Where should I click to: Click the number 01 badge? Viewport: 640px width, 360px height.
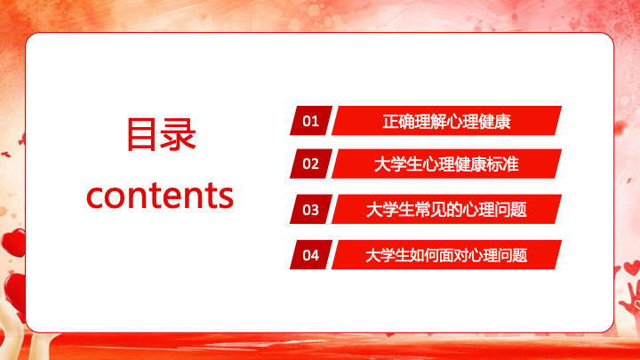coord(311,120)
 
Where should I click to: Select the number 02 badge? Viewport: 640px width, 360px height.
coord(311,164)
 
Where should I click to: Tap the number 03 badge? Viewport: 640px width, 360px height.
coord(311,210)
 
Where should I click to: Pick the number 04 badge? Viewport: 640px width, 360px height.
coord(311,255)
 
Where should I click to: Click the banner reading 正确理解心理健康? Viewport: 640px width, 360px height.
coord(446,120)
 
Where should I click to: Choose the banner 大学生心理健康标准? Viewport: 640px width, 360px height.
coord(446,164)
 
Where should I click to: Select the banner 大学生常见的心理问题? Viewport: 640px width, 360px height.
coord(446,210)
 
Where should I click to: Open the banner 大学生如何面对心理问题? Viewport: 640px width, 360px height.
coord(446,255)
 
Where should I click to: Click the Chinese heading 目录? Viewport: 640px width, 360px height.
coord(161,134)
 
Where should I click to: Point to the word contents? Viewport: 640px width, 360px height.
coord(160,195)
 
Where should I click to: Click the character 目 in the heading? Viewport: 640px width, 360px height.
coord(143,134)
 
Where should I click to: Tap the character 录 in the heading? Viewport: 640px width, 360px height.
coord(179,134)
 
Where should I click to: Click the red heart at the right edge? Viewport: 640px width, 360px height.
coord(632,268)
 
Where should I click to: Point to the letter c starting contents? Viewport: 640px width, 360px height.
coord(95,197)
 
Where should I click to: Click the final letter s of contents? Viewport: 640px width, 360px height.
coord(225,197)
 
